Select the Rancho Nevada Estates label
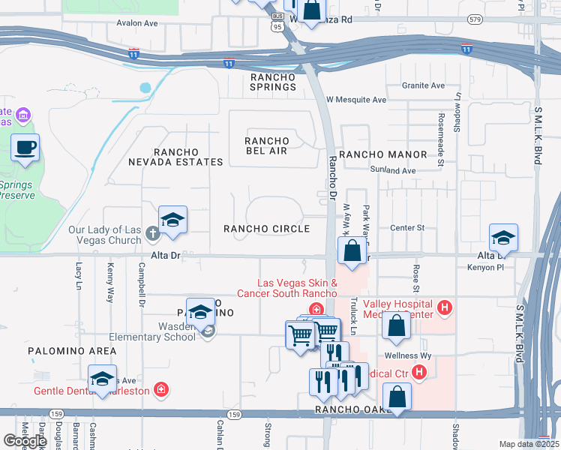pos(175,156)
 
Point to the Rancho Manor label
pos(382,154)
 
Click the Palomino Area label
pos(72,351)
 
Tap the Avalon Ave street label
pos(137,23)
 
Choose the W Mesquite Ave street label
pos(357,100)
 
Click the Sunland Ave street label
pos(397,171)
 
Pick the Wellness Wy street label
pos(406,355)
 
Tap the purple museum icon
pos(23,115)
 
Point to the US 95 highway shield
pos(277,25)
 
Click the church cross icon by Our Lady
pos(152,233)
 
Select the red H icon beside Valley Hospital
pos(445,306)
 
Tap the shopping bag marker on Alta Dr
pos(352,251)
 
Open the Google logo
pos(25,441)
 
